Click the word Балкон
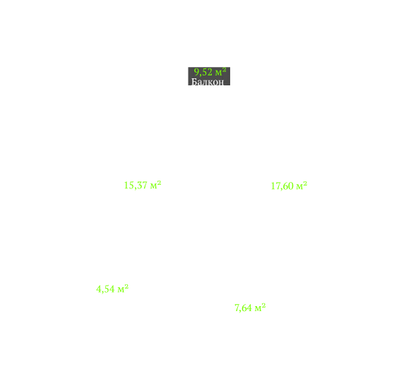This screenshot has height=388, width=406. tap(208, 82)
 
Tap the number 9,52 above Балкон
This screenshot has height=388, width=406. tap(203, 72)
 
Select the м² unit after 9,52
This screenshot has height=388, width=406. tap(220, 72)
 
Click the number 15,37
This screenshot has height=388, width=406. tap(136, 186)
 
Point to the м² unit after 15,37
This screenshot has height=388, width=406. tap(155, 185)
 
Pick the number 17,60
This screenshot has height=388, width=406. tap(282, 186)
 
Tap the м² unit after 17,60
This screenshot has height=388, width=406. tap(301, 186)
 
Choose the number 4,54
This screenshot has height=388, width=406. tap(105, 289)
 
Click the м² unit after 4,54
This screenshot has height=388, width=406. tap(123, 289)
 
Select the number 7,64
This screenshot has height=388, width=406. tap(243, 308)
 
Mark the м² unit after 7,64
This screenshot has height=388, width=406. tap(261, 308)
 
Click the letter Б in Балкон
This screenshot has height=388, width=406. tap(194, 82)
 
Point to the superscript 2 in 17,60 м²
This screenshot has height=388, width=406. tap(305, 184)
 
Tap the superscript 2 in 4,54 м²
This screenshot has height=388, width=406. tap(126, 287)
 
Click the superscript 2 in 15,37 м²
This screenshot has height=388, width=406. tap(160, 183)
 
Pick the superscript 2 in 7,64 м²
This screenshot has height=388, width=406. tap(264, 305)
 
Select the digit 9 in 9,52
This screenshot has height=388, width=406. tap(196, 72)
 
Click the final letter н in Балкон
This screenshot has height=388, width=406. tap(222, 83)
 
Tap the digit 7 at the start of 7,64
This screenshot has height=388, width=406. tap(237, 308)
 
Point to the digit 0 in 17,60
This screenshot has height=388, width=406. tap(291, 186)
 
